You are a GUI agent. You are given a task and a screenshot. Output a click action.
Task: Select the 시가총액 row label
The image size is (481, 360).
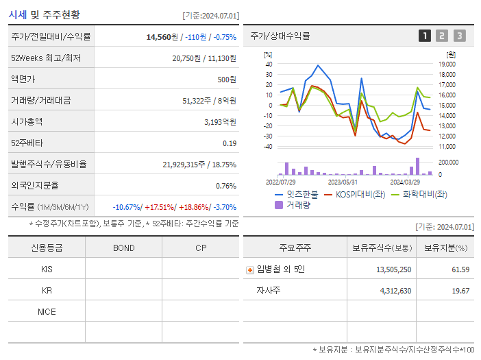click(27, 121)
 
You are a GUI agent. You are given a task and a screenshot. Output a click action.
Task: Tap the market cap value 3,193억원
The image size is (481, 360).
click(220, 122)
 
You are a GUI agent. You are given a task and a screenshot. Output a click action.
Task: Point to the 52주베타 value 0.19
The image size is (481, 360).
click(230, 143)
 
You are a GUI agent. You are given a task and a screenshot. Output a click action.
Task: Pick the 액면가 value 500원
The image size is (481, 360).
click(227, 80)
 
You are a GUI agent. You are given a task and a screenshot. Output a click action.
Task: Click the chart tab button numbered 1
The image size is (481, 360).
click(425, 36)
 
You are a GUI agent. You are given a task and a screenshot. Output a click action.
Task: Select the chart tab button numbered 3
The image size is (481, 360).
click(459, 36)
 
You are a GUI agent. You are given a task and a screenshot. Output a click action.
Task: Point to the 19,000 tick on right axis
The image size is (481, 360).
click(446, 64)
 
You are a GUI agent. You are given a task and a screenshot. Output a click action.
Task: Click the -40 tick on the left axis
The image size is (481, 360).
click(269, 146)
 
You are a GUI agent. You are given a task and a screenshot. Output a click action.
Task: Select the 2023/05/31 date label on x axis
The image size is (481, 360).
click(343, 182)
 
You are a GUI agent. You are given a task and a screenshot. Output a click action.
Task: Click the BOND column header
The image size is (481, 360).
click(123, 248)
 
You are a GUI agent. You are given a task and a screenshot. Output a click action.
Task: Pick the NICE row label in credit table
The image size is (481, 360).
click(47, 311)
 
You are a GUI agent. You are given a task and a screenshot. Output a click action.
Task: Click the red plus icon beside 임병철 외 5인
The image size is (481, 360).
click(249, 269)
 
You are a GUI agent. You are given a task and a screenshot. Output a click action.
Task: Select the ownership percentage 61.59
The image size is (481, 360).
click(460, 269)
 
